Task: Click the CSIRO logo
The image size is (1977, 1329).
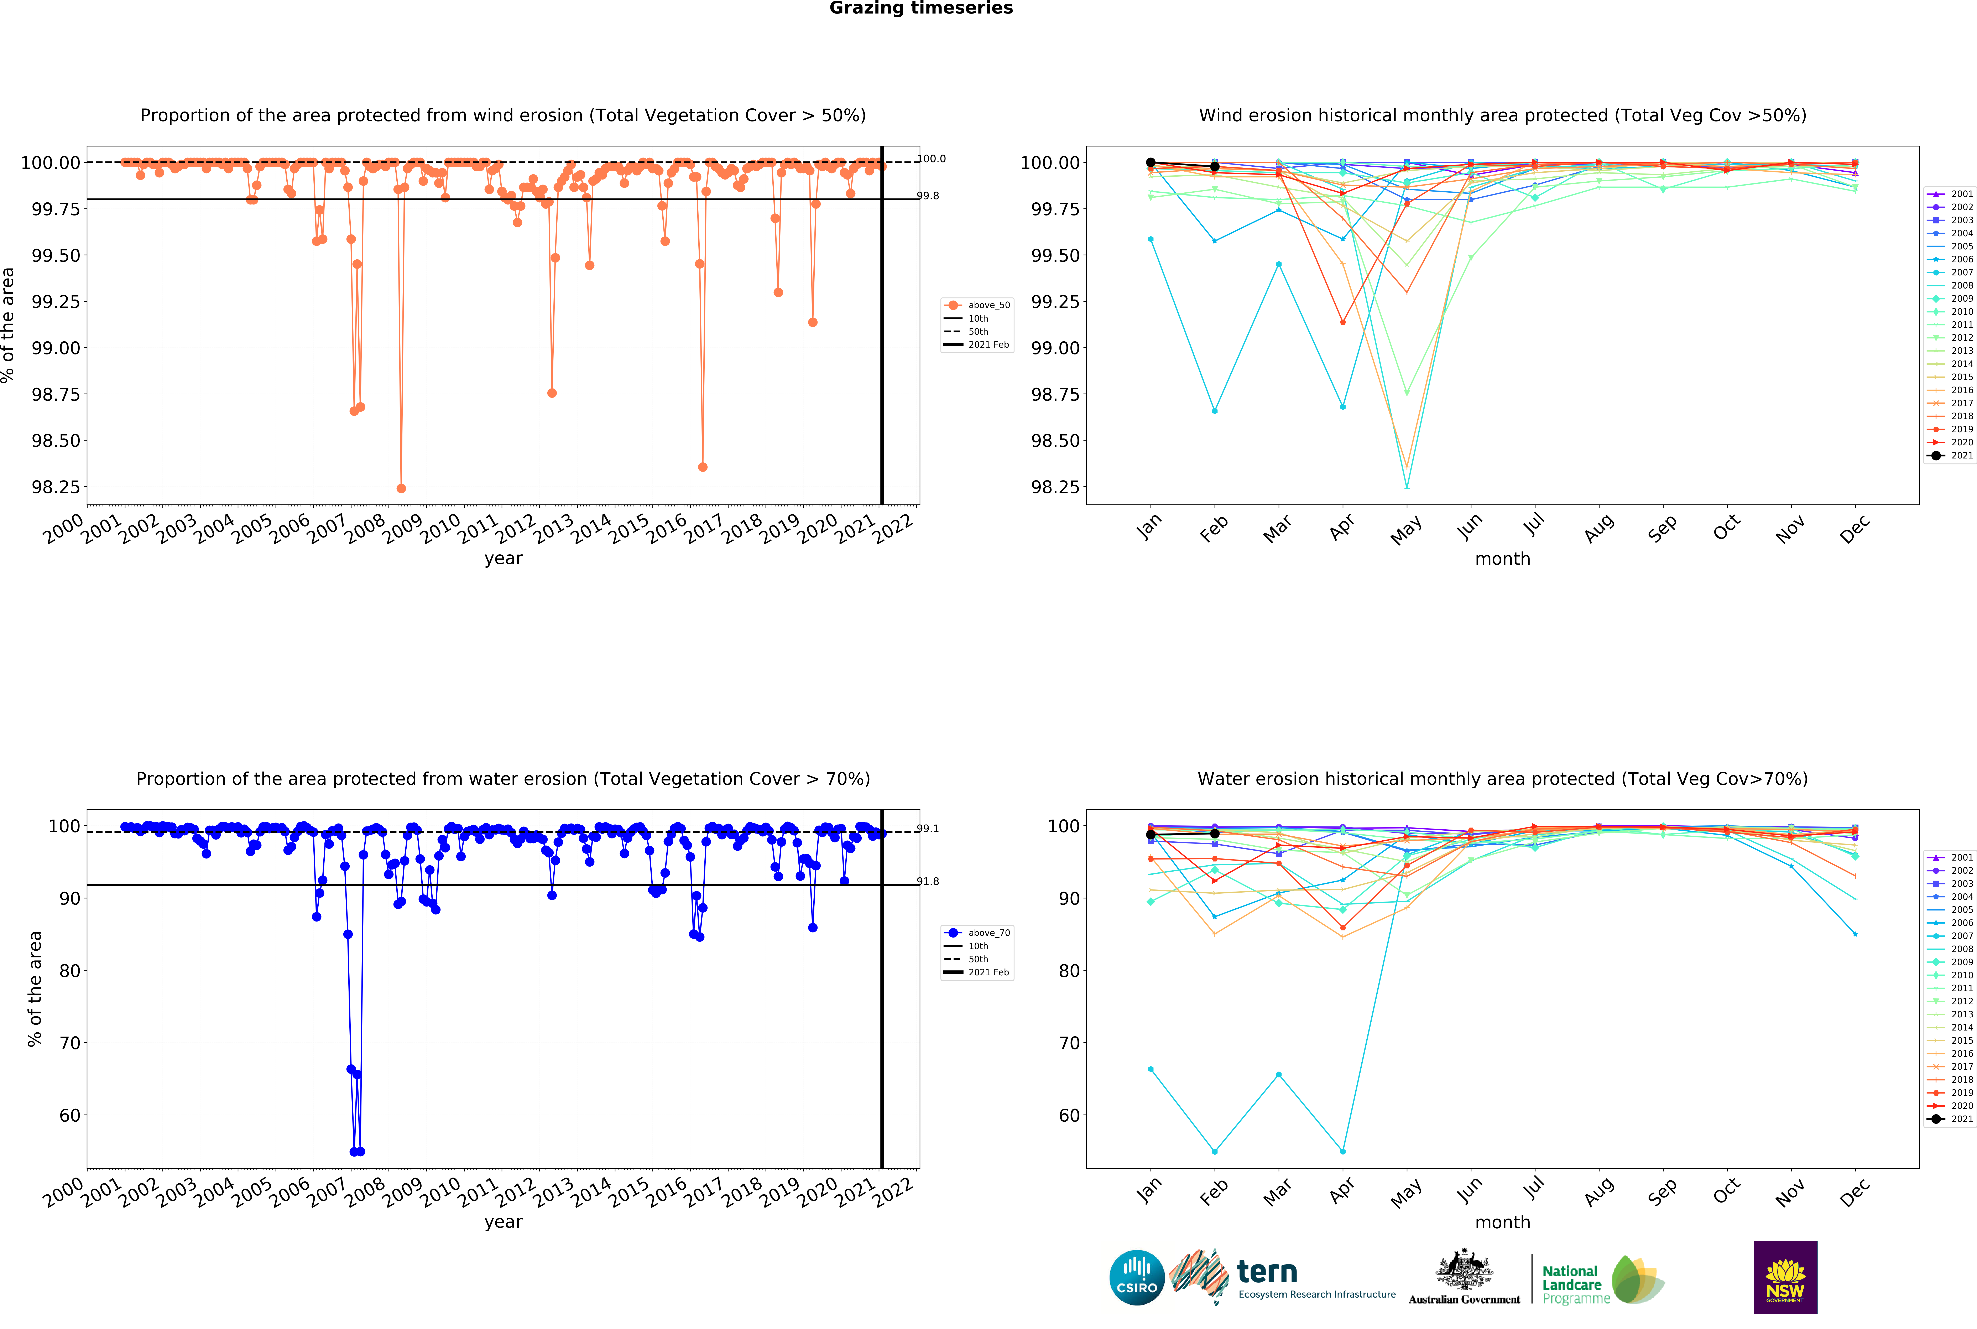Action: pos(1136,1278)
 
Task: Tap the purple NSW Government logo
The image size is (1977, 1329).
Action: pos(1785,1277)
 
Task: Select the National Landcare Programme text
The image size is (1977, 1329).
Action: pos(1575,1284)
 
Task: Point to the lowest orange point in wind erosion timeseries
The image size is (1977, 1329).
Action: pos(401,488)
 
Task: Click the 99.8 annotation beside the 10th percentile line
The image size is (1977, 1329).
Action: pos(928,196)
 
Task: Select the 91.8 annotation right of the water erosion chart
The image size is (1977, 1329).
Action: pos(928,882)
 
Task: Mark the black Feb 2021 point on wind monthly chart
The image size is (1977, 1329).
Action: pos(1214,167)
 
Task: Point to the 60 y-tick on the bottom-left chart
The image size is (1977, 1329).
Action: pos(69,1115)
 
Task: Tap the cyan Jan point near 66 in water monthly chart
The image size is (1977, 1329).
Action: pos(1151,1070)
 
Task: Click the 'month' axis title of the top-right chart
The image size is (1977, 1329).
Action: pos(1502,559)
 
